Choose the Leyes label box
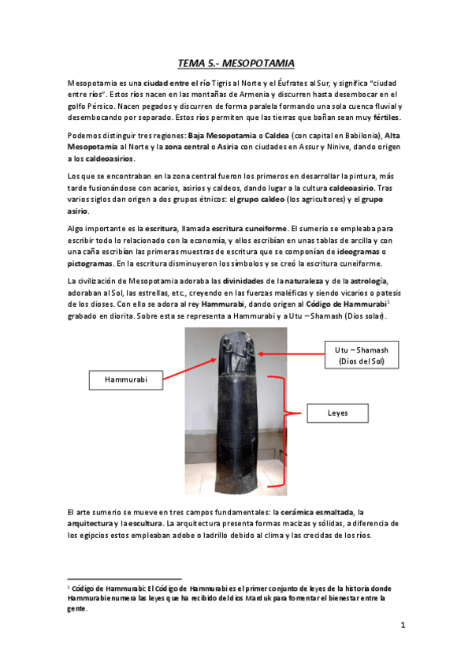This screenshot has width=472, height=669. (337, 413)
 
